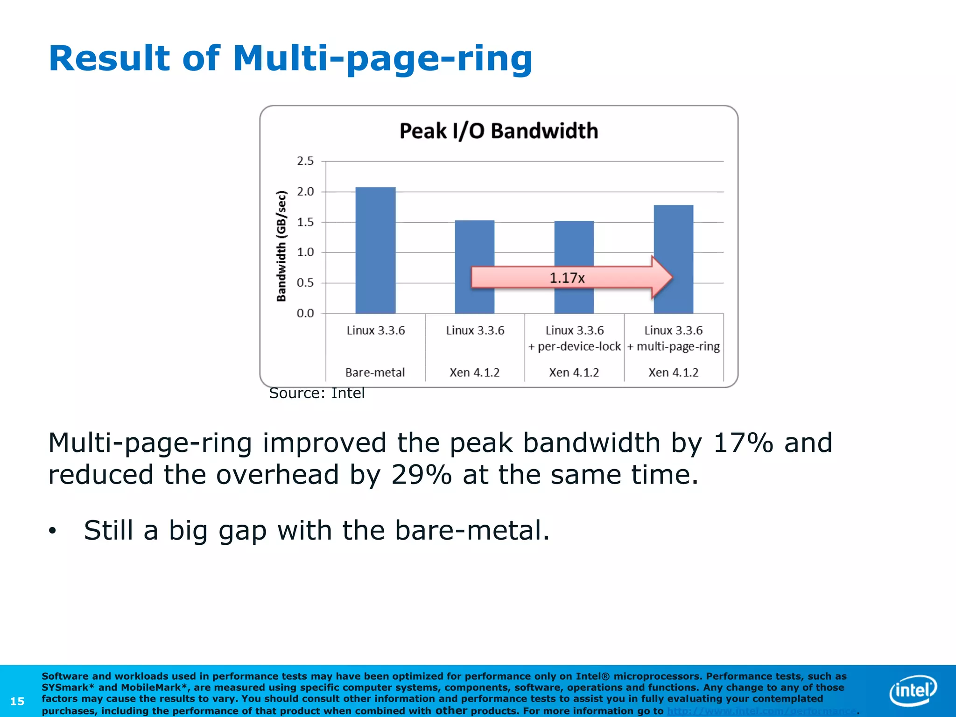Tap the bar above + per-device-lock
click(574, 247)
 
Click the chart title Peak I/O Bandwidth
click(499, 131)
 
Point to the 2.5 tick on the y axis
click(305, 161)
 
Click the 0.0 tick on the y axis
click(305, 313)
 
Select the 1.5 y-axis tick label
click(305, 222)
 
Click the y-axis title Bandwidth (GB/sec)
click(281, 246)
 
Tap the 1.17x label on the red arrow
click(567, 278)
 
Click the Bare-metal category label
click(375, 373)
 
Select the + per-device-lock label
click(575, 347)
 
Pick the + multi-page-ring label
click(673, 347)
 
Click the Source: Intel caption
click(317, 393)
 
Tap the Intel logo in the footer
click(913, 690)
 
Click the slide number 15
click(17, 701)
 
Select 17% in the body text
click(743, 443)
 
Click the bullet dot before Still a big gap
click(52, 531)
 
